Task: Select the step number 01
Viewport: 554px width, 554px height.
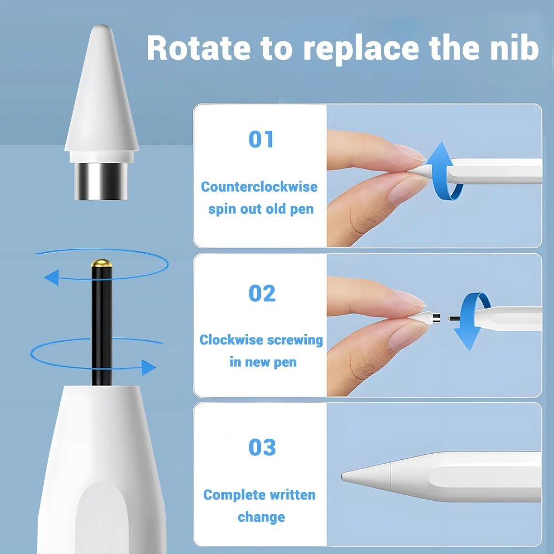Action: coord(261,139)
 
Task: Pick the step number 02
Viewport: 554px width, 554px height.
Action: coord(262,293)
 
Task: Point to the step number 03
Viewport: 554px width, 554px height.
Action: coord(262,447)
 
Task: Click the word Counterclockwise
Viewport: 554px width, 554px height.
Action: coord(259,187)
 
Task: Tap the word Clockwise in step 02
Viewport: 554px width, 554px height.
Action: coord(232,340)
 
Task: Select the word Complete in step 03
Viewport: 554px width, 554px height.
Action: coord(230,495)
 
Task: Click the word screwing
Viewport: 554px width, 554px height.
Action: coord(295,341)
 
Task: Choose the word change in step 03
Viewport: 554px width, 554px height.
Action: coord(261,517)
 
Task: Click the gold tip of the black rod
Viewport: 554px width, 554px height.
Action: coord(102,263)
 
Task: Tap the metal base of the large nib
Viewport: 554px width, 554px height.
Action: coord(101,181)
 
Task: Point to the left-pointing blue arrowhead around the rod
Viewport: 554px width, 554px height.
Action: coord(52,278)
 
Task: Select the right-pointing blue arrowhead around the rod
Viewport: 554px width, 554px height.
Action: coord(148,367)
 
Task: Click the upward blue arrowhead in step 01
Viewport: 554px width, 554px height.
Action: coord(440,153)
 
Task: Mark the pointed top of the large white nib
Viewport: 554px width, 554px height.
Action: coord(101,26)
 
